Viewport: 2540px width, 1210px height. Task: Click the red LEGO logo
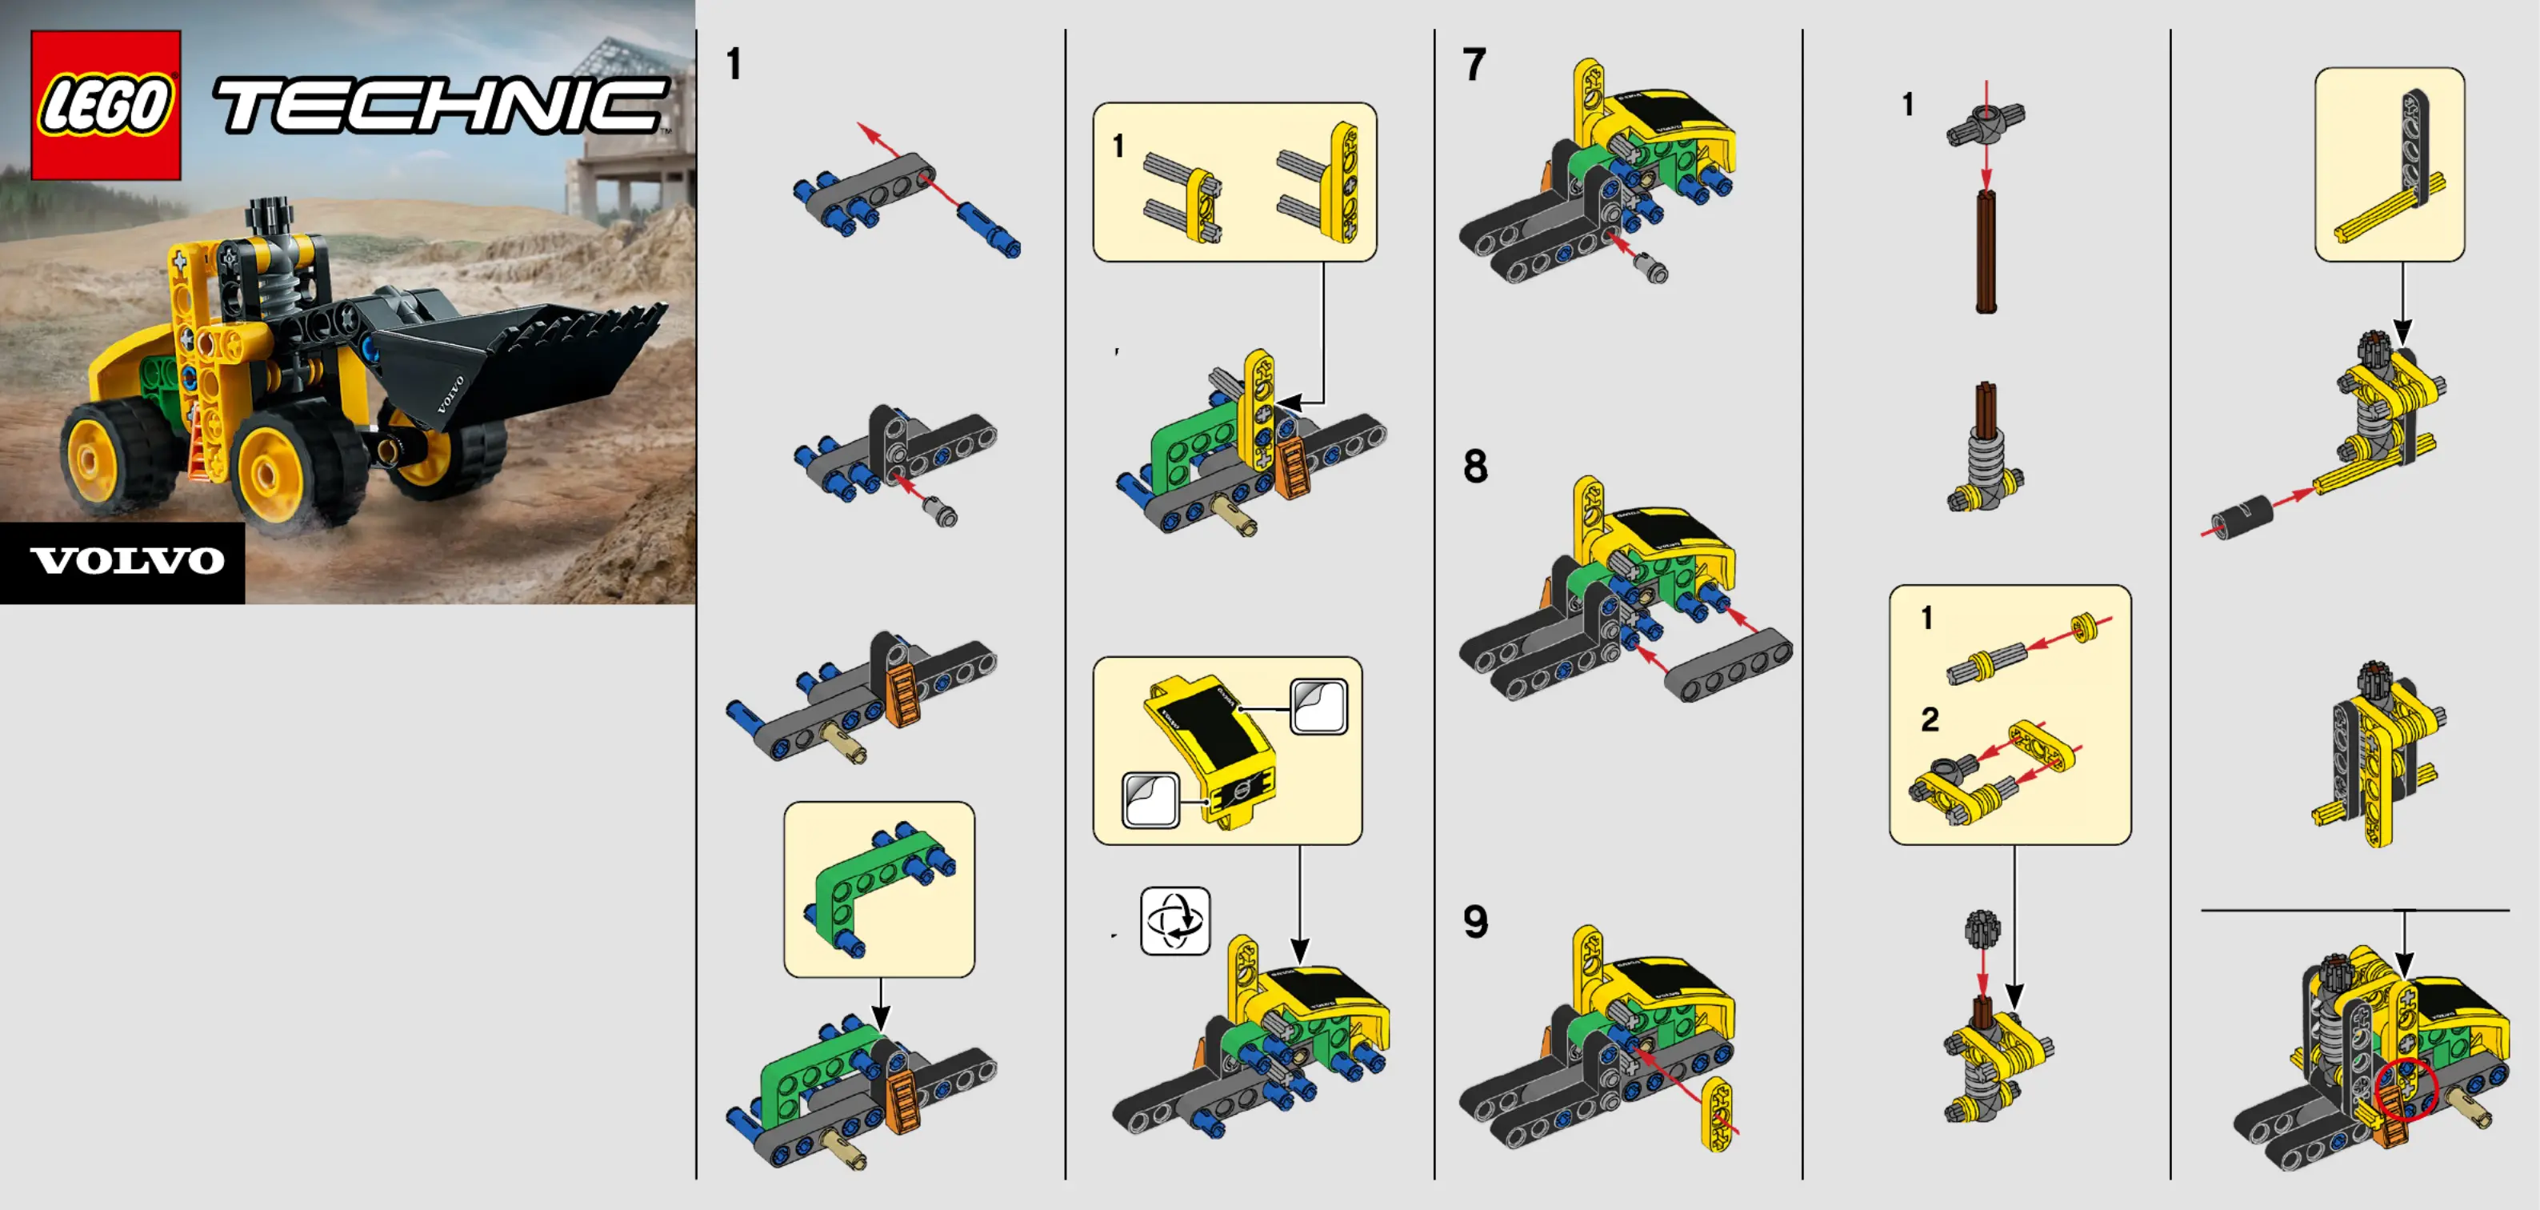point(106,105)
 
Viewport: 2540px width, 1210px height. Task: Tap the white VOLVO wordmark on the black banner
point(128,561)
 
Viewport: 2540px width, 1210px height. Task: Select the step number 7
point(1474,65)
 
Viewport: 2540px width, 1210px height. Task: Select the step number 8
point(1475,467)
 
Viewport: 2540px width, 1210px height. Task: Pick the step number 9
point(1475,922)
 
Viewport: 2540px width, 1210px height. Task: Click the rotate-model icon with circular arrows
point(1175,921)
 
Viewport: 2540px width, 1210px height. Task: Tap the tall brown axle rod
point(1986,251)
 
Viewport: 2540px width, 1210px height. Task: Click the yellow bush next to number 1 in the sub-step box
point(2083,627)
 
